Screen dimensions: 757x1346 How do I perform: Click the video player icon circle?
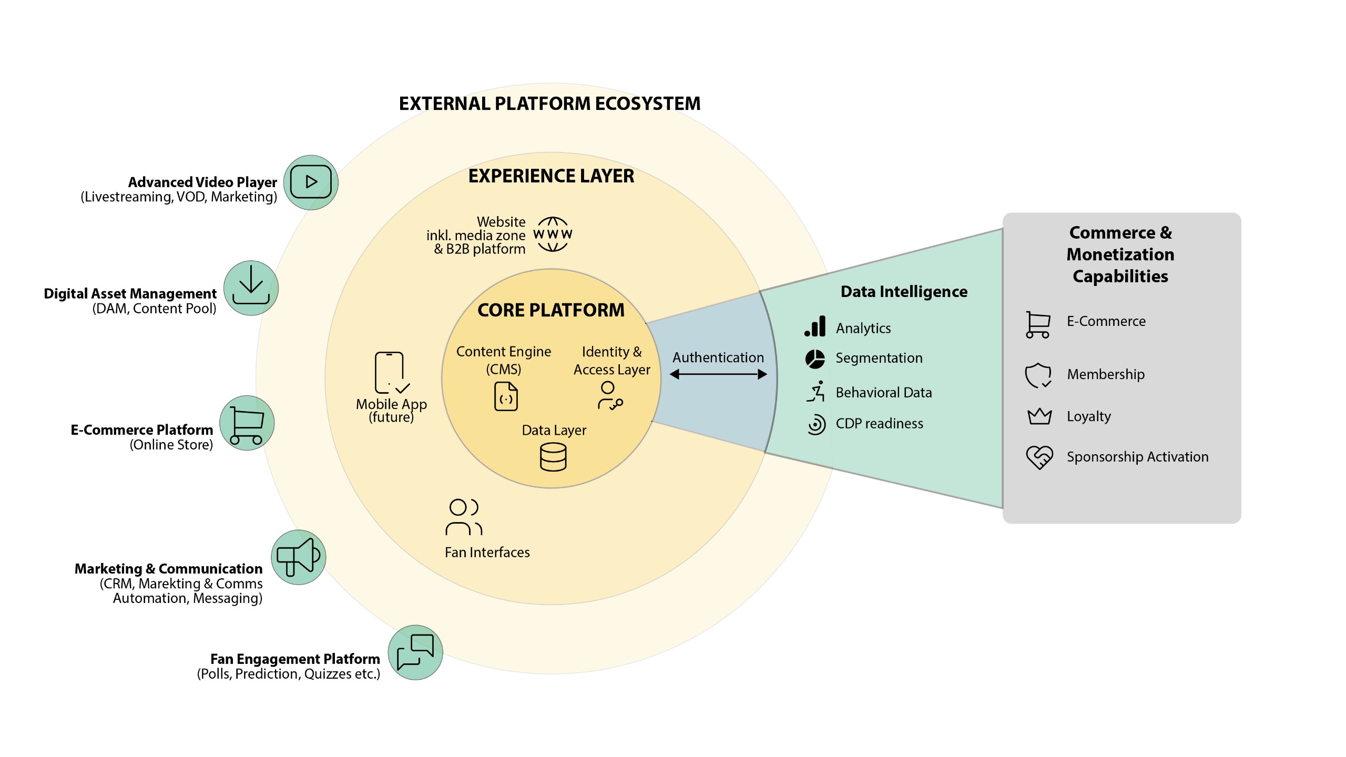pyautogui.click(x=311, y=182)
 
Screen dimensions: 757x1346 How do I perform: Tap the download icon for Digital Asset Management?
pyautogui.click(x=251, y=288)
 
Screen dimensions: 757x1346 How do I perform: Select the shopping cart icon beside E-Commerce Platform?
pyautogui.click(x=247, y=423)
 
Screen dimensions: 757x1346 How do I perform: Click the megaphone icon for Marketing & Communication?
pyautogui.click(x=298, y=557)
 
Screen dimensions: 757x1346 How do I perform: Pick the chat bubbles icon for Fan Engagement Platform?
pyautogui.click(x=415, y=652)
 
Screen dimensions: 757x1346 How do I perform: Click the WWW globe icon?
pyautogui.click(x=553, y=234)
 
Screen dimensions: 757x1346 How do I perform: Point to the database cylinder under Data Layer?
pyautogui.click(x=553, y=457)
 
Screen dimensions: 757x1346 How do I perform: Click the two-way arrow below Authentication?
pyautogui.click(x=718, y=374)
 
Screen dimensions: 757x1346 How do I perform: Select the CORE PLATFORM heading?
pyautogui.click(x=550, y=310)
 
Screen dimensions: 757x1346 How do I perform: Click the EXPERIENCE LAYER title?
pyautogui.click(x=551, y=176)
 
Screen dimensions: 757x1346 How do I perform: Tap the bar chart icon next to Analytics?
pyautogui.click(x=815, y=326)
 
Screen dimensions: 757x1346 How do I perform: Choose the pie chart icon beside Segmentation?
pyautogui.click(x=815, y=359)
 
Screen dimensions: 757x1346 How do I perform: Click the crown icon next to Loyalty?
pyautogui.click(x=1039, y=416)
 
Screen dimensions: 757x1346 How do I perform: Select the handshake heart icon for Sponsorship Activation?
pyautogui.click(x=1039, y=457)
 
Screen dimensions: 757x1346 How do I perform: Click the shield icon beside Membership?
pyautogui.click(x=1038, y=375)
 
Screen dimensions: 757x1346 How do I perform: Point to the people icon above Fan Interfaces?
pyautogui.click(x=463, y=517)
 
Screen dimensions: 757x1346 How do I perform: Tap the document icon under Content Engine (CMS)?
pyautogui.click(x=506, y=396)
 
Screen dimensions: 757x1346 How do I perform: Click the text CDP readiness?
pyautogui.click(x=879, y=424)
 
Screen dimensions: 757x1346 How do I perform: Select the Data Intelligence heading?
pyautogui.click(x=904, y=292)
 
